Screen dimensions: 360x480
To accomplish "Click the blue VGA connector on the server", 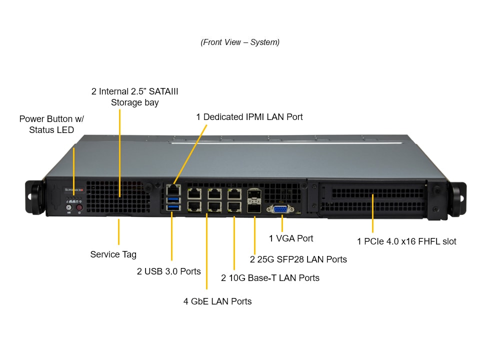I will tap(280, 210).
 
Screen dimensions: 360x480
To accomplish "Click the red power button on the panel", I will tap(78, 206).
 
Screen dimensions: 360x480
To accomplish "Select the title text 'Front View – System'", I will tap(240, 42).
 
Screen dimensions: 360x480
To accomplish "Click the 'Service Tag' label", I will tap(113, 254).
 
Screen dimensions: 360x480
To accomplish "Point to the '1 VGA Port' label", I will tap(291, 238).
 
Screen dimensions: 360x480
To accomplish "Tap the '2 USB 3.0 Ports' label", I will tap(168, 271).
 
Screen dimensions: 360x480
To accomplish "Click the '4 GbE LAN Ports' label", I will tap(217, 301).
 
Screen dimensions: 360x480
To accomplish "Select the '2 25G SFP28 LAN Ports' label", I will tap(298, 259).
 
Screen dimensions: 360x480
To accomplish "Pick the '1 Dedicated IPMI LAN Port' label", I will tap(249, 117).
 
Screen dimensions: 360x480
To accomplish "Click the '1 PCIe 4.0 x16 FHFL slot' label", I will tap(406, 241).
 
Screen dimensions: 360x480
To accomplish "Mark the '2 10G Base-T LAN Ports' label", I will tap(270, 277).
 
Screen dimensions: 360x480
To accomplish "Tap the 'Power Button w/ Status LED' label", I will tap(51, 124).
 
